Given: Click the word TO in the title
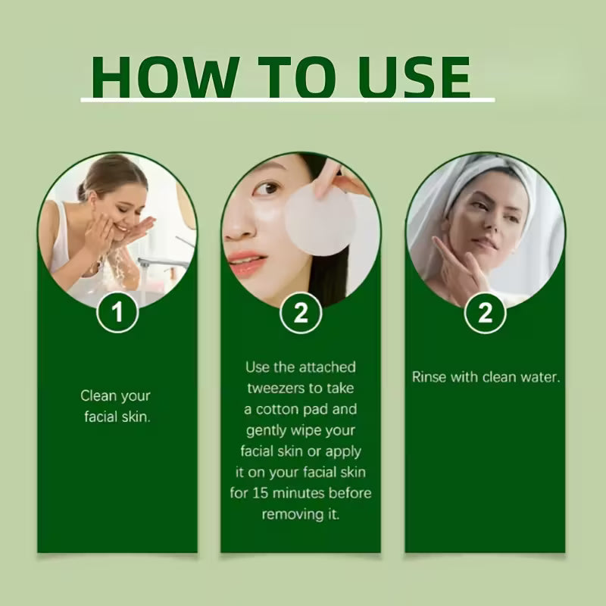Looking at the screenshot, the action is pos(296,77).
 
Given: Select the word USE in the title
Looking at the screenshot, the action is pos(414,77).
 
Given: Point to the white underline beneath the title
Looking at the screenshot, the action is pos(288,100).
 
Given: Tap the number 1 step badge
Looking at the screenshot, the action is pos(117,312).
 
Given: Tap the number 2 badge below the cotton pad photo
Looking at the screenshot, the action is pos(301,312).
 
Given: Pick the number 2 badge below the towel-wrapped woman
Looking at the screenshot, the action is pos(485,312).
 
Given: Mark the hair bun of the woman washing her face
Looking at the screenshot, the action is pos(82,192).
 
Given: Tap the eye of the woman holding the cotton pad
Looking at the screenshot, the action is pos(267,189).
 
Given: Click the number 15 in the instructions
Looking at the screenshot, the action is pos(261,493).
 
